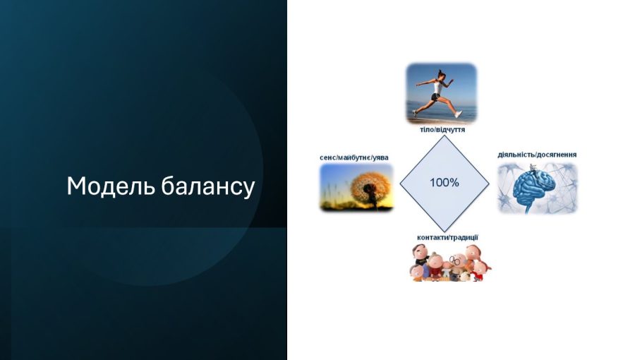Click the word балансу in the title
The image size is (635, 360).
pos(207,186)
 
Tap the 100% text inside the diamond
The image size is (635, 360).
pos(445,183)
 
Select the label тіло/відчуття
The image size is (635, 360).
pos(442,130)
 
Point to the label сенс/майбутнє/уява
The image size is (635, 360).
pos(354,157)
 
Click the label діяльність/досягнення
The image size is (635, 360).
pos(537,155)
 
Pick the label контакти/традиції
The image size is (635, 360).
pos(447,237)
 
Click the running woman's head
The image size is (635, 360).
pos(441,75)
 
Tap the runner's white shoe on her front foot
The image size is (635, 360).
pos(458,114)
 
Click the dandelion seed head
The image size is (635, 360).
pos(368,187)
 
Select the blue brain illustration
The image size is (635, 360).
pos(533,187)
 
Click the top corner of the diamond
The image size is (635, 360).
pos(445,136)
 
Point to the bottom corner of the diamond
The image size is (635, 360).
pos(445,232)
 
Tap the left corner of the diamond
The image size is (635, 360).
pos(400,184)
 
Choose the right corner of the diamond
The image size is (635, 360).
pos(489,184)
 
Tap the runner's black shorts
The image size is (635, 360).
pos(435,97)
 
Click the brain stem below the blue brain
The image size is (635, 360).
pos(528,207)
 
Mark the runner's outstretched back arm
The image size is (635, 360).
pos(425,83)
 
